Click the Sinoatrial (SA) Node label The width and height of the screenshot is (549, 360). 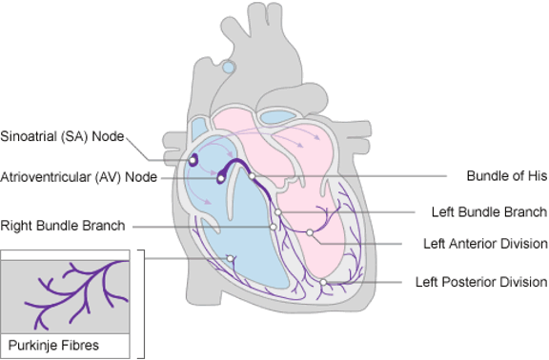point(62,136)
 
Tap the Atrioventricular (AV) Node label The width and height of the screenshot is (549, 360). point(79,177)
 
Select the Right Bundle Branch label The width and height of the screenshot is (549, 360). point(63,226)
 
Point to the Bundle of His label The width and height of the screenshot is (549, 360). point(507,175)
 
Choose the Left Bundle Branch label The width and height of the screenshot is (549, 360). point(489,211)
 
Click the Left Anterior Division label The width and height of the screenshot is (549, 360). point(485,244)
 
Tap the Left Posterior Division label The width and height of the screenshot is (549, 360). point(481,282)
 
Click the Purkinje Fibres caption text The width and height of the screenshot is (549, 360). point(53,346)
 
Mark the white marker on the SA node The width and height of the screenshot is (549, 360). point(193,160)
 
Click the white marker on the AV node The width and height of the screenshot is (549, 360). point(220,179)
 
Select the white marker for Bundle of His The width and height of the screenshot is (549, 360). point(252,176)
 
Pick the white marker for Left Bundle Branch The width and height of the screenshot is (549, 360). point(277,212)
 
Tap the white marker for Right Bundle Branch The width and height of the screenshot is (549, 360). point(274,227)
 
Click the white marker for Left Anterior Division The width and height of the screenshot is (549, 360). point(310,232)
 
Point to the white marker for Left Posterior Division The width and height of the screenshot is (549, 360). point(323,282)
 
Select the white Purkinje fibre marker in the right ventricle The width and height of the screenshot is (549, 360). point(231,258)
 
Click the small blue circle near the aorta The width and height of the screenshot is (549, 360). point(229,67)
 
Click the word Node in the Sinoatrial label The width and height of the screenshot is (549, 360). point(108,136)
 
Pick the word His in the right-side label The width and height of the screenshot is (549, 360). point(538,175)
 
